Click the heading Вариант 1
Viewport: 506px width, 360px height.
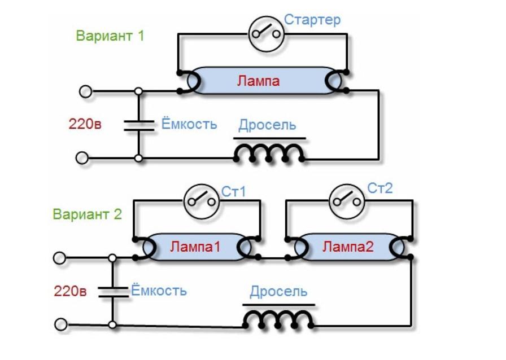pyautogui.click(x=110, y=36)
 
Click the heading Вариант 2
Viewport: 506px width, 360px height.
pyautogui.click(x=87, y=214)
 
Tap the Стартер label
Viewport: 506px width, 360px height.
pyautogui.click(x=312, y=20)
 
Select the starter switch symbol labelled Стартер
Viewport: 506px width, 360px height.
pyautogui.click(x=266, y=34)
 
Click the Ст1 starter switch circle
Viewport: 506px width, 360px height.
pyautogui.click(x=201, y=200)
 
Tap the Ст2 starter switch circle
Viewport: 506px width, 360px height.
pyautogui.click(x=345, y=199)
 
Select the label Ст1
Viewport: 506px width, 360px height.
pyautogui.click(x=234, y=192)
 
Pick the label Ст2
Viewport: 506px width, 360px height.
pyautogui.click(x=380, y=188)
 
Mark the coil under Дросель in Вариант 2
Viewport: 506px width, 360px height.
pyautogui.click(x=279, y=320)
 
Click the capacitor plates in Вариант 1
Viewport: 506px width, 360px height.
pyautogui.click(x=138, y=125)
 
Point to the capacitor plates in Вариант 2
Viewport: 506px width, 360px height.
pyautogui.click(x=112, y=292)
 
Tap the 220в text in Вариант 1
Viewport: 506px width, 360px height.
pyautogui.click(x=85, y=124)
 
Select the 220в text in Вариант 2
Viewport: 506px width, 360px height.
pyautogui.click(x=70, y=292)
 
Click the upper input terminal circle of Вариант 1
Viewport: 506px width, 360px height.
pyautogui.click(x=85, y=91)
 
